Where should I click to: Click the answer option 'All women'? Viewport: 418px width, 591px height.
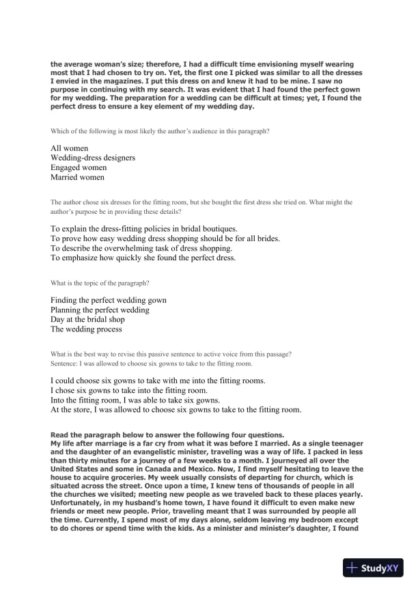pos(69,148)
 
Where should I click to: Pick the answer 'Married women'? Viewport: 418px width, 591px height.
pos(78,177)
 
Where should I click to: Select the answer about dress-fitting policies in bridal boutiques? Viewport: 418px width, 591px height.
pos(143,228)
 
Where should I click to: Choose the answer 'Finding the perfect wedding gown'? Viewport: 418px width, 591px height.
pos(109,300)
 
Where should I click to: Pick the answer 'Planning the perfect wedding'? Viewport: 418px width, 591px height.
pos(100,310)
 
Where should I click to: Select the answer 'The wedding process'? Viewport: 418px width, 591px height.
pos(87,329)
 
